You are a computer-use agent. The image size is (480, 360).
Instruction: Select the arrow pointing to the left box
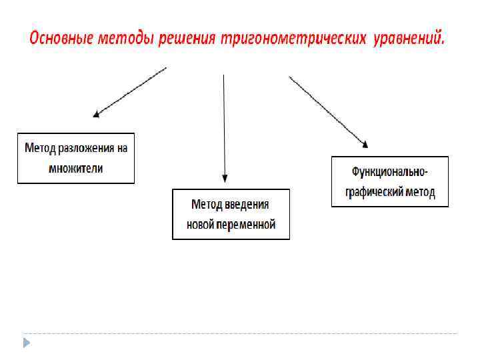tap(129, 91)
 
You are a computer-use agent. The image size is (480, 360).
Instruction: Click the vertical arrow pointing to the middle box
tap(224, 127)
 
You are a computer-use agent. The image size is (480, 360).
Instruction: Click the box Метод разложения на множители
tap(75, 158)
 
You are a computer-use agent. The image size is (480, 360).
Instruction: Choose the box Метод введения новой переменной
tap(231, 214)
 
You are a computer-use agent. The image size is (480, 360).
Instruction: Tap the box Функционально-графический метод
tap(390, 181)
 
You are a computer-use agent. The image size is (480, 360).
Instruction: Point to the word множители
tap(76, 168)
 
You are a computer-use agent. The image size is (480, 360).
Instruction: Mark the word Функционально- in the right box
tap(390, 172)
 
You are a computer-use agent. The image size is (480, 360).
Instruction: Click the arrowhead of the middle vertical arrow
tap(225, 178)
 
